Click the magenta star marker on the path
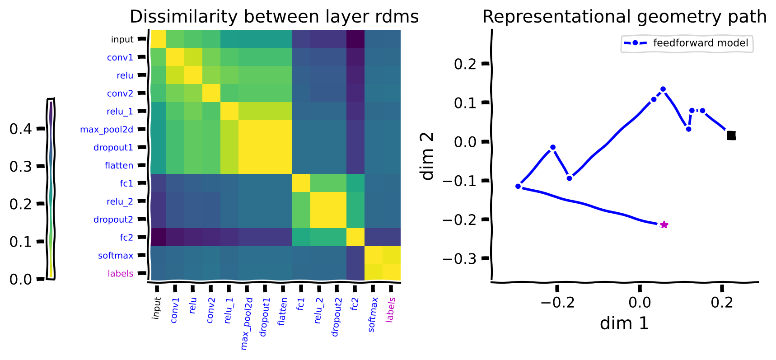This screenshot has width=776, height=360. point(664,224)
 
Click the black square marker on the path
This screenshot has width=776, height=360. point(731,135)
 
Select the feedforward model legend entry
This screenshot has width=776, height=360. point(687,43)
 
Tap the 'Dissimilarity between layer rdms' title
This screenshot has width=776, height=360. point(274,17)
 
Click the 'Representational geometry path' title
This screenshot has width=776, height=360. point(625,17)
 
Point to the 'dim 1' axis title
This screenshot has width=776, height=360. point(624,323)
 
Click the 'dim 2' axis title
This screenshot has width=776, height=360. point(427,156)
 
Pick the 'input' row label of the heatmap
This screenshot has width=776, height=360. point(122,39)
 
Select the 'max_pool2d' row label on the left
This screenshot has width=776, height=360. point(107,130)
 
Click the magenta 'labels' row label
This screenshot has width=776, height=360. point(120,273)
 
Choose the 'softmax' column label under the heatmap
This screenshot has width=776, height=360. point(372,315)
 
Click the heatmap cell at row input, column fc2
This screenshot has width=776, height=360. point(355,39)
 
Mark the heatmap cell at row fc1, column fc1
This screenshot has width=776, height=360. point(301,183)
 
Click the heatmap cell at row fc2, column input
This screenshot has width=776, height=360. point(158,237)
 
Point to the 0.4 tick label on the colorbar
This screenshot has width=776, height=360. point(20,129)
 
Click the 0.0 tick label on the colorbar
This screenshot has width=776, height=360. point(20,280)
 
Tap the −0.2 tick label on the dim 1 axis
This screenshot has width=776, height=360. point(557,302)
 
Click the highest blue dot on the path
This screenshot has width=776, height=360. point(663,89)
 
